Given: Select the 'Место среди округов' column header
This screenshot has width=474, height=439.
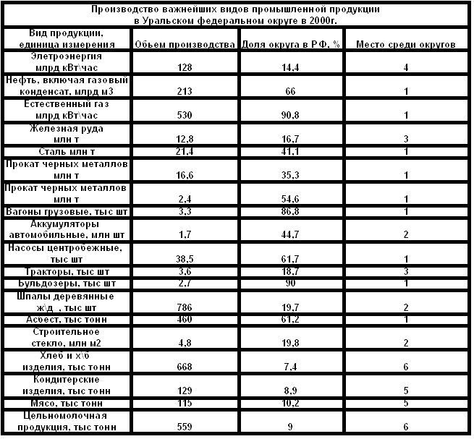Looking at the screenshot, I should tap(406, 44).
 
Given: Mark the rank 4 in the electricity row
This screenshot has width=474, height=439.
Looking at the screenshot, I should tap(406, 66).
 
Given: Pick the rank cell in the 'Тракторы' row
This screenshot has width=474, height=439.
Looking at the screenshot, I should tap(406, 271).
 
